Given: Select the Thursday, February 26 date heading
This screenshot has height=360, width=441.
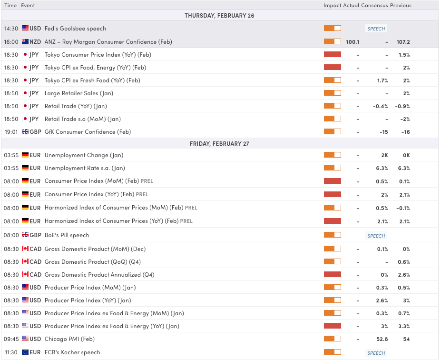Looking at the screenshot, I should (x=219, y=16).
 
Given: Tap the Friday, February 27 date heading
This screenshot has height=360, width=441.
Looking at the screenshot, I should (x=219, y=143).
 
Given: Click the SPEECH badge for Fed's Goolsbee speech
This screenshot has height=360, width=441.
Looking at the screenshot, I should (x=376, y=29).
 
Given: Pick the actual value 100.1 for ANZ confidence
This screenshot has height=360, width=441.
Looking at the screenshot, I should (x=353, y=42).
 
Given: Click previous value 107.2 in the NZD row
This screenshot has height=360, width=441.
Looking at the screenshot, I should (x=403, y=42).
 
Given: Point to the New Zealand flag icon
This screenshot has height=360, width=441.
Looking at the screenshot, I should (x=25, y=42).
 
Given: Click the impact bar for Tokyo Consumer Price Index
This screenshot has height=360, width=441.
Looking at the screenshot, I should (x=333, y=55).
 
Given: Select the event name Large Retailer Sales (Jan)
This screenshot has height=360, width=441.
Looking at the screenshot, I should (x=79, y=93).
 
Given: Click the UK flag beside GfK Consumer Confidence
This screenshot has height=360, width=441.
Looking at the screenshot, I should (x=25, y=132).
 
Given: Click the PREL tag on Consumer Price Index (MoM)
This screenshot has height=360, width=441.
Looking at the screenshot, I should (x=147, y=181).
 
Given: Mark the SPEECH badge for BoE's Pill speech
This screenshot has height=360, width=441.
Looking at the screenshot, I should (x=376, y=236).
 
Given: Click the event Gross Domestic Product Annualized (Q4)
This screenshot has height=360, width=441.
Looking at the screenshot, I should (x=99, y=275).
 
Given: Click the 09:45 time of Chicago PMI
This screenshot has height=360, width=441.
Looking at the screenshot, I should (x=10, y=339).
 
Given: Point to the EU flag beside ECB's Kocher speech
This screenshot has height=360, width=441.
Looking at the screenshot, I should (x=25, y=352).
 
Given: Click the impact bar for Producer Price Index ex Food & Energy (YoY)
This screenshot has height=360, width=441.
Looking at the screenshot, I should (x=333, y=326).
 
